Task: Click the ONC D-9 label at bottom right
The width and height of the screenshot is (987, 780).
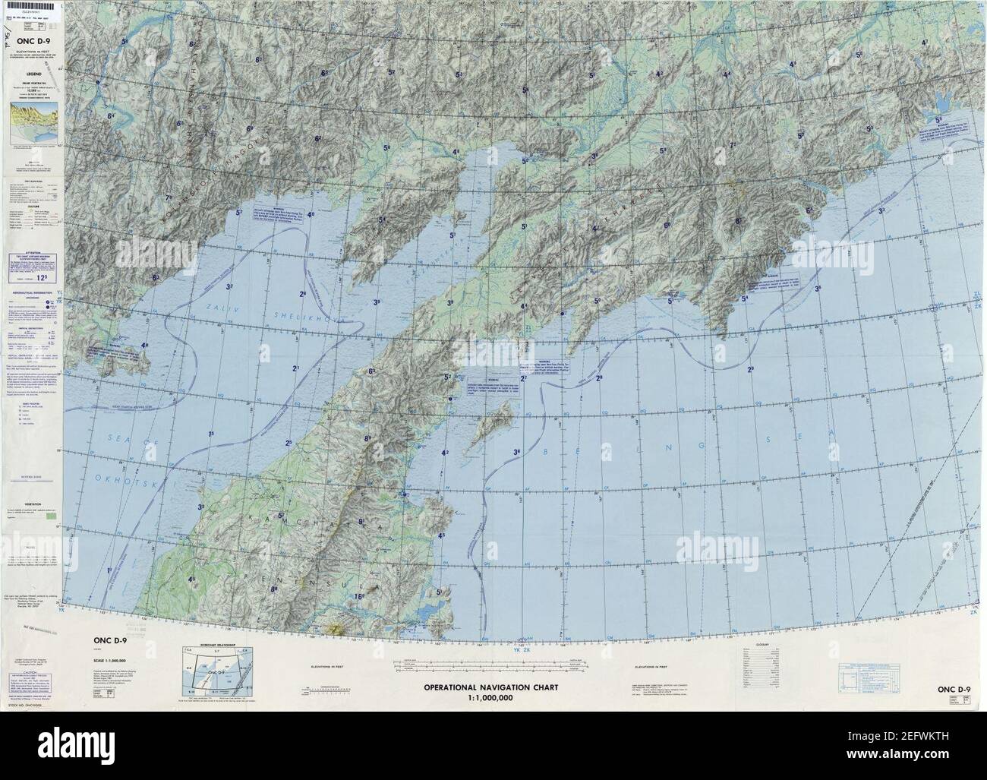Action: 954,690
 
